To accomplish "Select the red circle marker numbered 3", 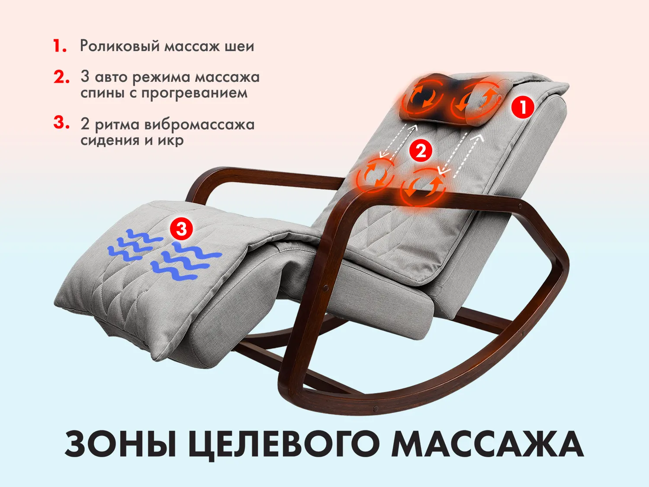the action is (x=181, y=229).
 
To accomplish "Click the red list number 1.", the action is (x=60, y=46).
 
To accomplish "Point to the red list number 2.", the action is (x=61, y=77).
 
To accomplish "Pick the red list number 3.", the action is (x=61, y=123).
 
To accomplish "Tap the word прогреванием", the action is (x=194, y=94).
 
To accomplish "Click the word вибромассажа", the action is (x=199, y=124).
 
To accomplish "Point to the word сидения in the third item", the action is (x=111, y=139).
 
